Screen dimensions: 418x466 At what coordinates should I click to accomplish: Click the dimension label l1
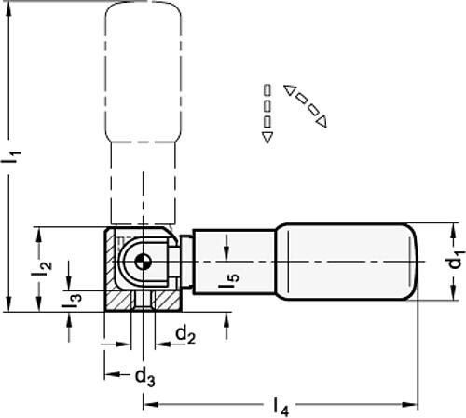pos(12,159)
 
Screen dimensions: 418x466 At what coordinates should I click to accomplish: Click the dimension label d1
pos(454,263)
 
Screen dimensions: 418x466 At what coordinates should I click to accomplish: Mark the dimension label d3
pos(143,377)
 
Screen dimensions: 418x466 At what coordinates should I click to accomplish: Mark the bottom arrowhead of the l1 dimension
pos(8,304)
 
